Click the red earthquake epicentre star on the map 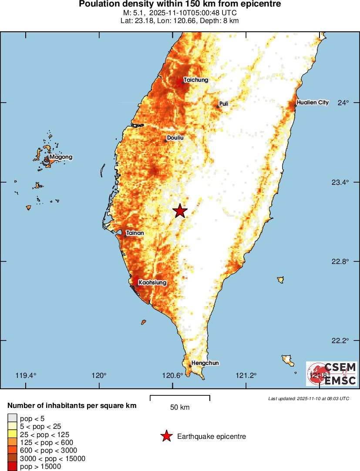[x=180, y=211]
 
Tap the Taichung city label [x=195, y=80]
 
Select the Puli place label [x=224, y=104]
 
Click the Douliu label [x=175, y=138]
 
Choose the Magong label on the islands [x=61, y=157]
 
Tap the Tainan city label [x=135, y=233]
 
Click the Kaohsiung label [x=152, y=283]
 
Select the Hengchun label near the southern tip [x=205, y=363]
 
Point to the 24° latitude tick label [x=344, y=103]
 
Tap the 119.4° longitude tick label [x=26, y=376]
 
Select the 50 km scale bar [x=180, y=398]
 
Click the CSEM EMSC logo [x=332, y=374]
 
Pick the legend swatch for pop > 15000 [x=12, y=467]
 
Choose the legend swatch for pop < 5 [x=12, y=418]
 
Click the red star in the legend [x=166, y=436]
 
